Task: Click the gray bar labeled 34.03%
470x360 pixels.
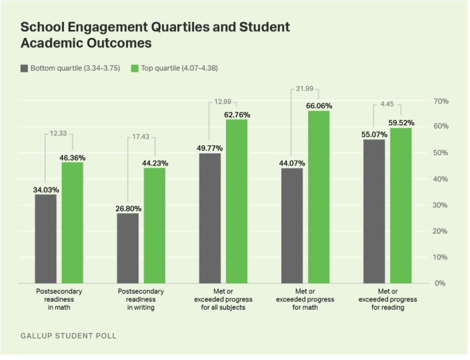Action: [46, 239]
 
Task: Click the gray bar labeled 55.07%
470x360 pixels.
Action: [374, 211]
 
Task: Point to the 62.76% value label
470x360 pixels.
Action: [237, 115]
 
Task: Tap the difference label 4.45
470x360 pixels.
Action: [388, 105]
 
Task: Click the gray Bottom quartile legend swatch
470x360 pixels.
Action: [24, 68]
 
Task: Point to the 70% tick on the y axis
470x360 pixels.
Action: [441, 102]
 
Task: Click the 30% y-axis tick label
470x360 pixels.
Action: [441, 205]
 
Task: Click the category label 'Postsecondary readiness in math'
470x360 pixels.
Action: [59, 299]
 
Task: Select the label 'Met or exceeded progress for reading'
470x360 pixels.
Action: [388, 299]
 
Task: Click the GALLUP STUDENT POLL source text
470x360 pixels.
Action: [69, 336]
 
